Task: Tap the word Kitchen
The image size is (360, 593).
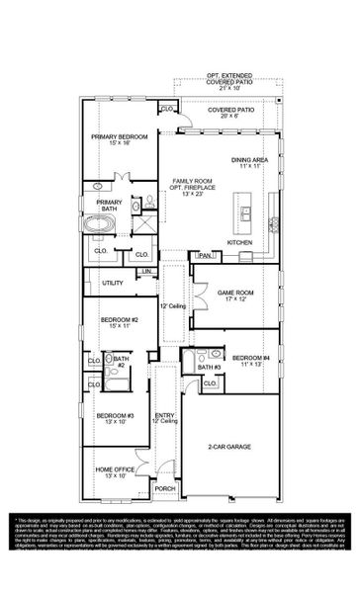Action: (240, 241)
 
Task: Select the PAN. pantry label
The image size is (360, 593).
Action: (204, 255)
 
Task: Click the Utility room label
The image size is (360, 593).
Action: (112, 283)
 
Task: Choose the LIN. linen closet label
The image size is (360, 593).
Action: (146, 271)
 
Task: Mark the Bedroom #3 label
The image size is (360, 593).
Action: (116, 420)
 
